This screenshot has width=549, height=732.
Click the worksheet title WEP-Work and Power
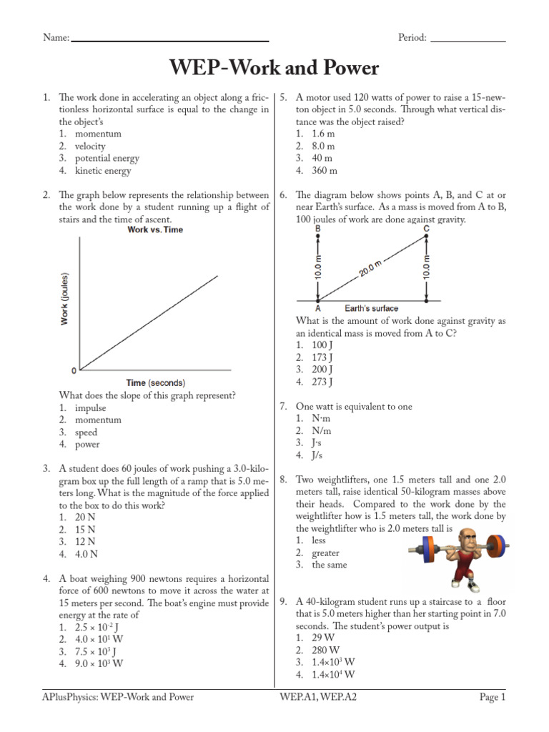[274, 69]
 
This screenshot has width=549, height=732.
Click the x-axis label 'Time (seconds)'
[155, 382]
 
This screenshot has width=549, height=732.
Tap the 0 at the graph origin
[73, 371]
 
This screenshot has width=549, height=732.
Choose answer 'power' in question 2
[87, 445]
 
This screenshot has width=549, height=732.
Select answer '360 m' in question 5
[325, 171]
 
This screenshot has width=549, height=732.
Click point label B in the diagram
[317, 229]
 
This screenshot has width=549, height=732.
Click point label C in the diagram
[427, 229]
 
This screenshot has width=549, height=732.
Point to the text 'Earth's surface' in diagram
[372, 309]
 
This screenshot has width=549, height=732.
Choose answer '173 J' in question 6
[323, 357]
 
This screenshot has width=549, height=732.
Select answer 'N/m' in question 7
[322, 431]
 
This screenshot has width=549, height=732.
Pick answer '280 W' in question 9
[325, 650]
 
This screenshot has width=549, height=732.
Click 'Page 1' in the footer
[492, 697]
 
